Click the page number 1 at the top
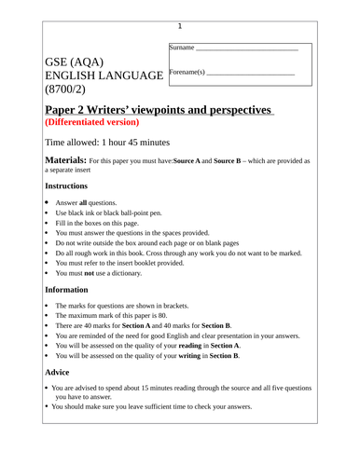(x=180, y=26)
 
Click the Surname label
(x=182, y=47)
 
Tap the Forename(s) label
(x=187, y=72)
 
